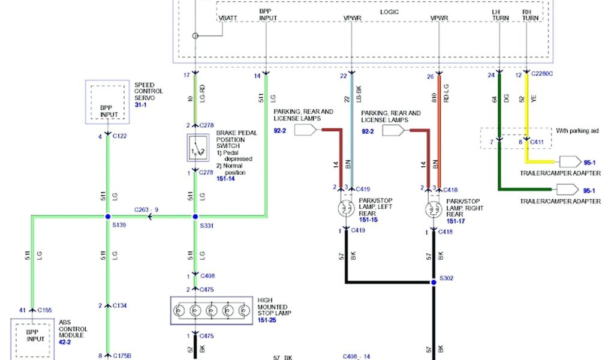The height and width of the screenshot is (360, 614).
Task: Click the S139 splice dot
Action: pyautogui.click(x=108, y=217)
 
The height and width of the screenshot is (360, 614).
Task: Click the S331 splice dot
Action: pyautogui.click(x=195, y=217)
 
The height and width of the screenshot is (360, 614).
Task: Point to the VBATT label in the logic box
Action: pyautogui.click(x=228, y=19)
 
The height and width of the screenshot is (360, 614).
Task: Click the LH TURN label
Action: pyautogui.click(x=500, y=15)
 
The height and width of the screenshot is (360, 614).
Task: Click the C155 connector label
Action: pyautogui.click(x=45, y=310)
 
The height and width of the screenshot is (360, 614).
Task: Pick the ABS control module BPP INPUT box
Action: pyautogui.click(x=35, y=335)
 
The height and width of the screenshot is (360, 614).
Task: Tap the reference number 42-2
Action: pyautogui.click(x=65, y=343)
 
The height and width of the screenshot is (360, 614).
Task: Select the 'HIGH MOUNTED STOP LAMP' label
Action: pyautogui.click(x=275, y=306)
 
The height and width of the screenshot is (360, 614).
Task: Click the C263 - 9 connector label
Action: pyautogui.click(x=147, y=209)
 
